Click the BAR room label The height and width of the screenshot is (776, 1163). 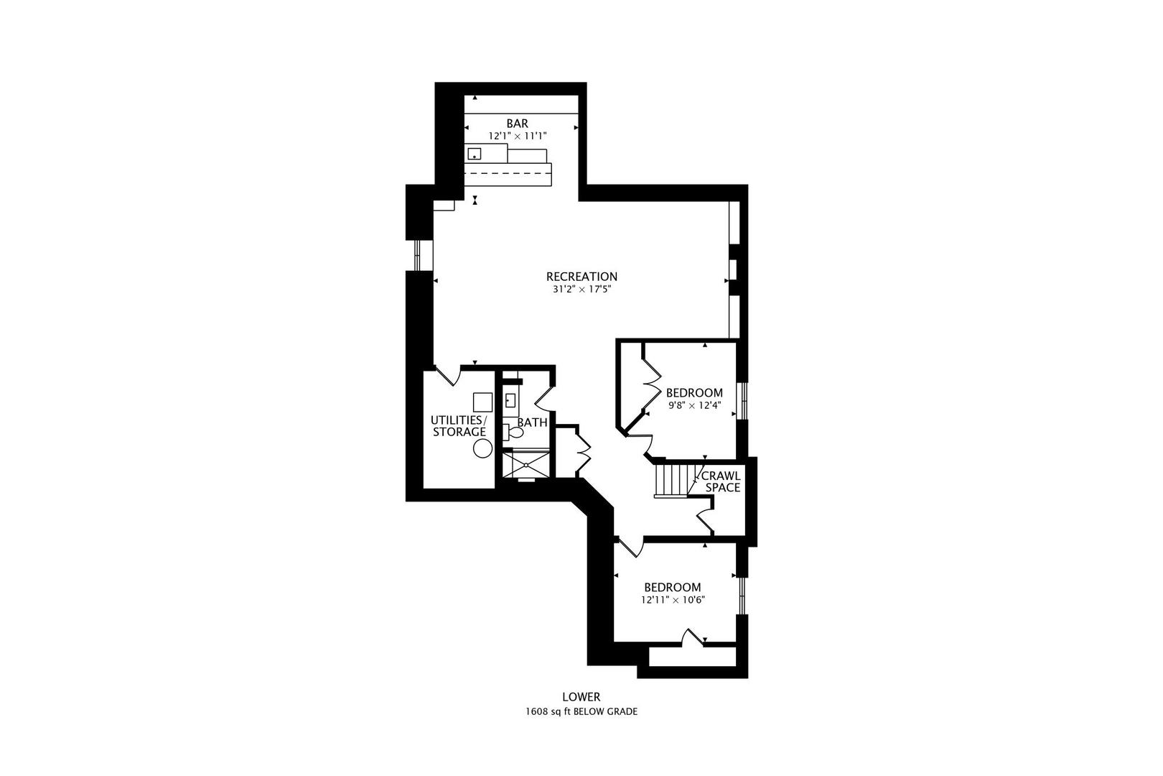517,124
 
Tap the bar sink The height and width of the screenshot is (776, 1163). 474,154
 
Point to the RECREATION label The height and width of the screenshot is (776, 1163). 581,277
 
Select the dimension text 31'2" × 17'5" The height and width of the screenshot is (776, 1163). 581,290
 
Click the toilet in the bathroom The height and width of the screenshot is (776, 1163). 514,432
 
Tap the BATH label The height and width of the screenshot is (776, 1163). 532,422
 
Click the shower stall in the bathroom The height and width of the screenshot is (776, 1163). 526,464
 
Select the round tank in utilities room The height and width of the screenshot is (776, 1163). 482,448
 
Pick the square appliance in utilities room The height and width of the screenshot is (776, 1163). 482,402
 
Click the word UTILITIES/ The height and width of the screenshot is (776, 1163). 459,420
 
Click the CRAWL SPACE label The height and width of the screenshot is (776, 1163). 722,482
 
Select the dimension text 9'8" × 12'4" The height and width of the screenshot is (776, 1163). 695,405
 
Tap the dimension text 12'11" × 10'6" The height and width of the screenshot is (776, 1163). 673,600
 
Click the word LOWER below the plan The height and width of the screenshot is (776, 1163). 581,697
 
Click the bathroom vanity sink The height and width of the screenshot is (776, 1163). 509,401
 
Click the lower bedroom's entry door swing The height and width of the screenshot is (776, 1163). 631,548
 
